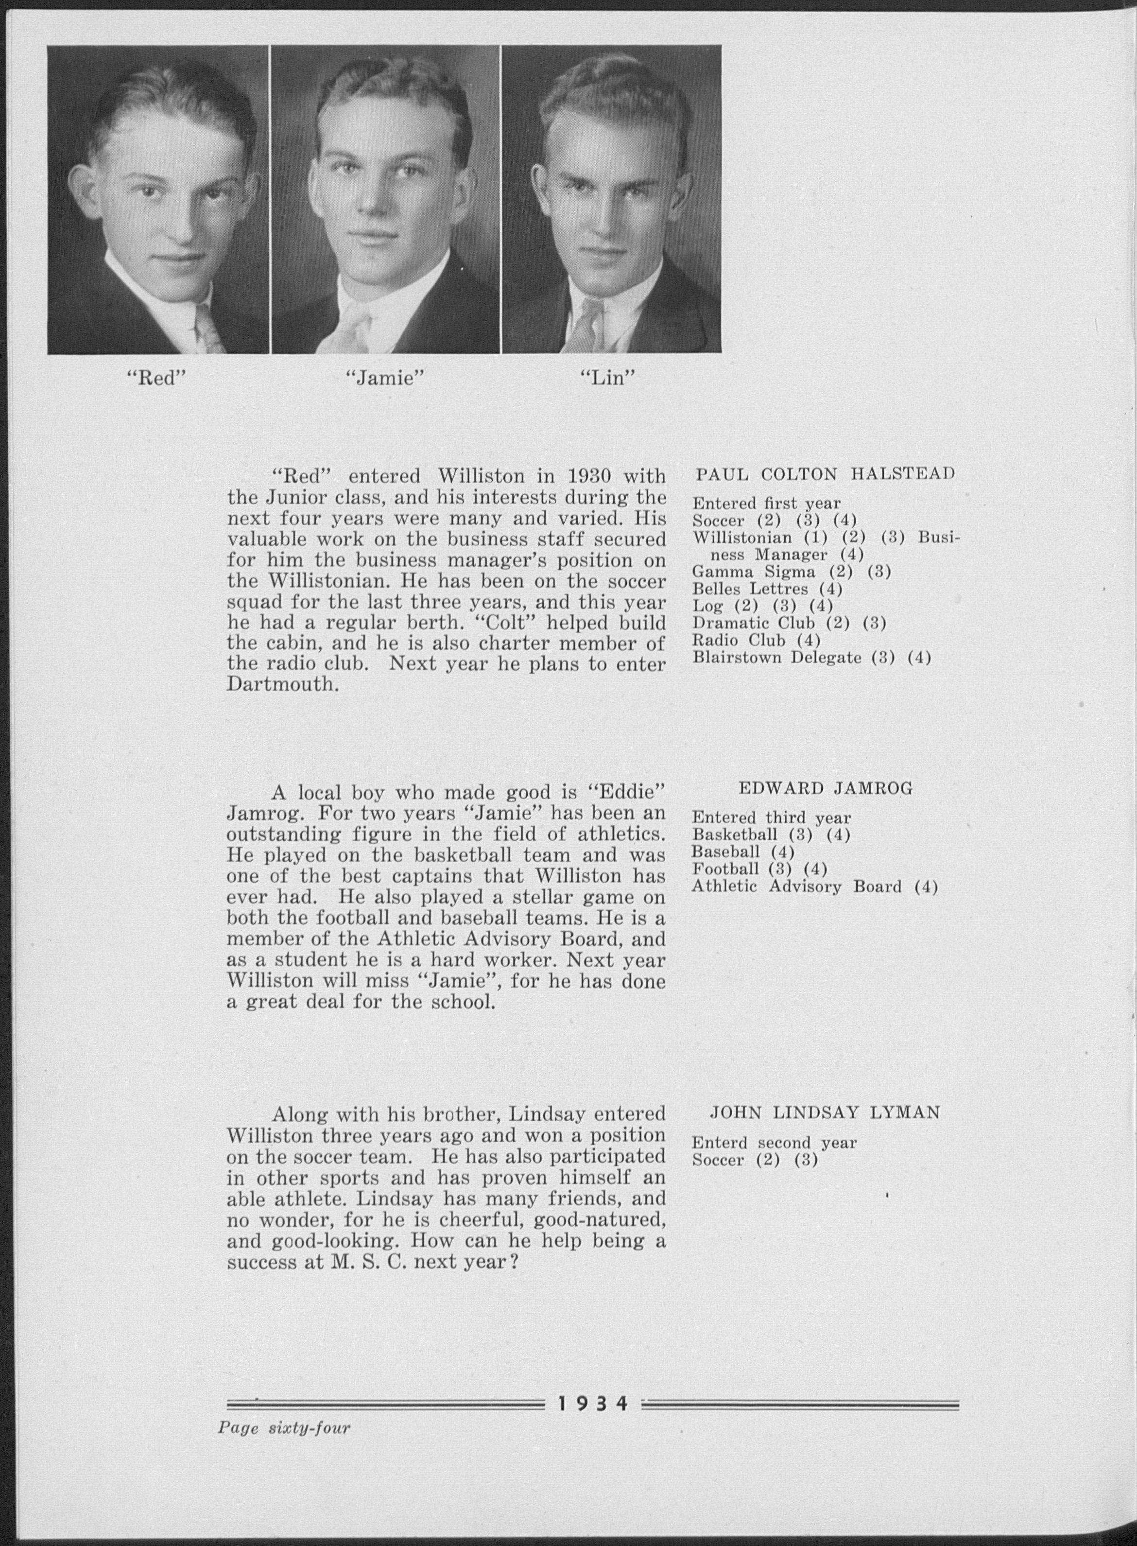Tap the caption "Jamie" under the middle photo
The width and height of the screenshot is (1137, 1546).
pyautogui.click(x=384, y=378)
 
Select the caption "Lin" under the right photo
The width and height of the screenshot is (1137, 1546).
pyautogui.click(x=606, y=378)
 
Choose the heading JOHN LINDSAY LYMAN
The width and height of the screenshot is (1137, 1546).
pyautogui.click(x=825, y=1112)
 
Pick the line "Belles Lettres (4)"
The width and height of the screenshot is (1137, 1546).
pyautogui.click(x=767, y=589)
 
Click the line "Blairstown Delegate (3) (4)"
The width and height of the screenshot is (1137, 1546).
pyautogui.click(x=811, y=658)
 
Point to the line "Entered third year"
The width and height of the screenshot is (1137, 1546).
pyautogui.click(x=771, y=818)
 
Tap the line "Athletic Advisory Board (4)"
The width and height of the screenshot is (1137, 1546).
pyautogui.click(x=814, y=886)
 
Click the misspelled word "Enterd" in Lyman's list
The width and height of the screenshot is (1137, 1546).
pyautogui.click(x=719, y=1143)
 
